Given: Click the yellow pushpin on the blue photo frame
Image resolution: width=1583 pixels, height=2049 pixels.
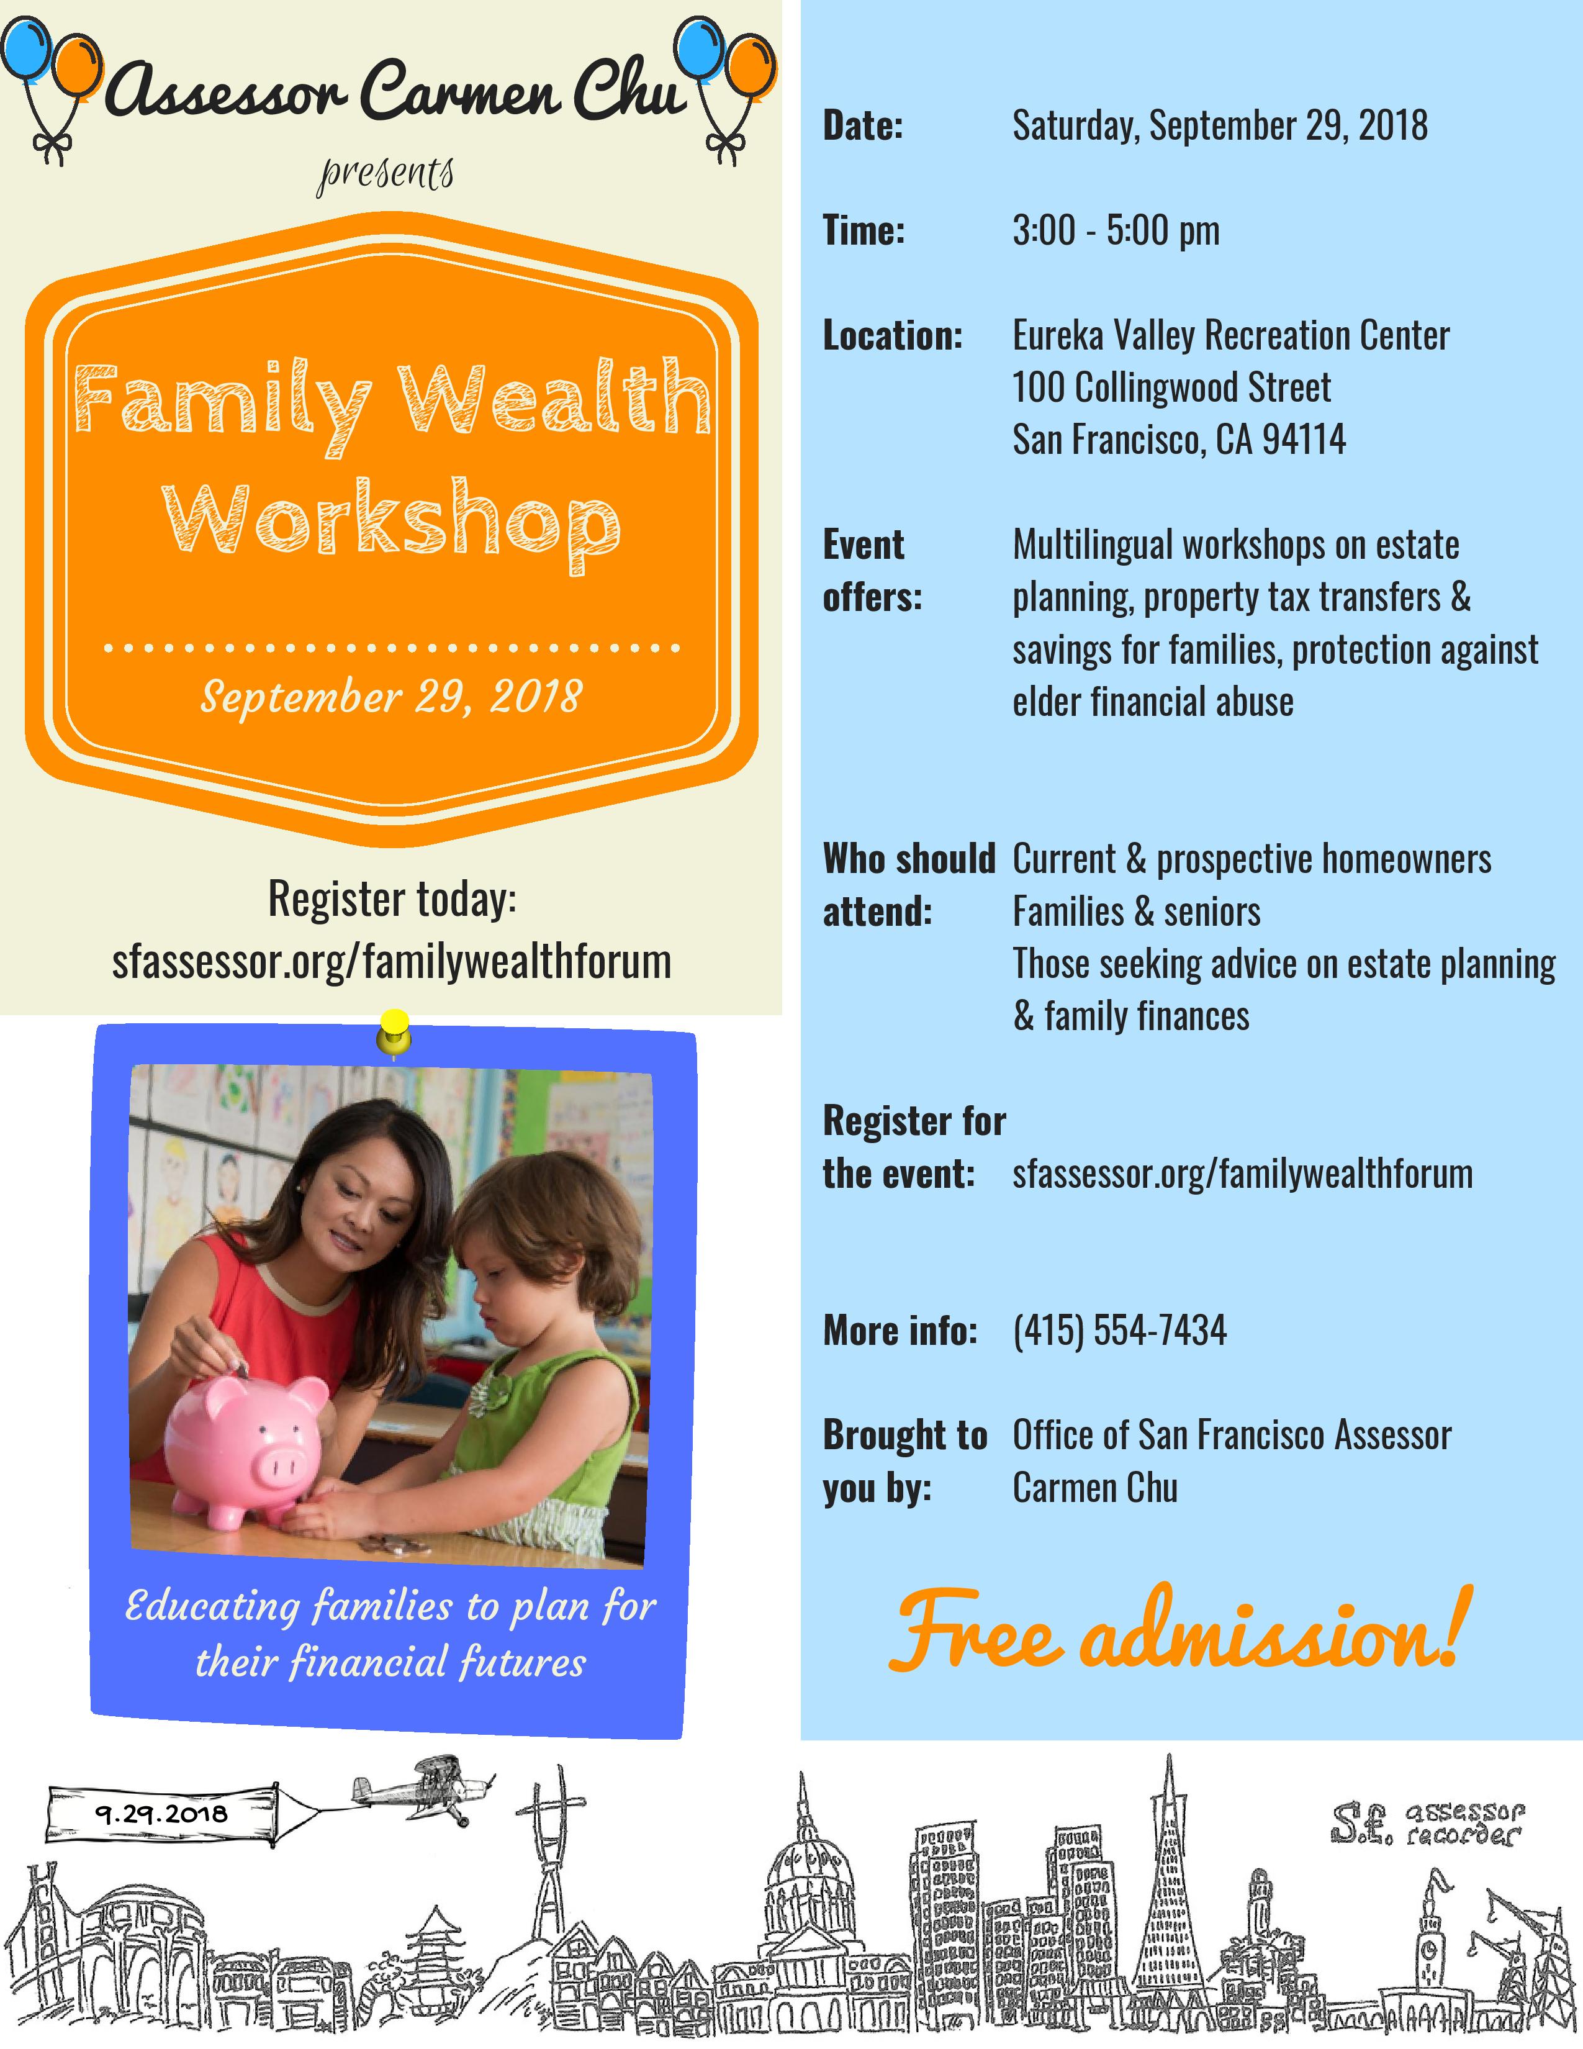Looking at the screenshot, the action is (394, 1032).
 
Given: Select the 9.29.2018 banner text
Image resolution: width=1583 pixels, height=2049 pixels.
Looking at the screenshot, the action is (161, 1814).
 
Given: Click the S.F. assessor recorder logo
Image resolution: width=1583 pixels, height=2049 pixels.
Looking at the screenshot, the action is (1427, 1823).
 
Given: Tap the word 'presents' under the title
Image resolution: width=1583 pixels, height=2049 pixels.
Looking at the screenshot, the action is (386, 174).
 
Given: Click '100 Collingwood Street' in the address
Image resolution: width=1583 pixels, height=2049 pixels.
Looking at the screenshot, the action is (1171, 387).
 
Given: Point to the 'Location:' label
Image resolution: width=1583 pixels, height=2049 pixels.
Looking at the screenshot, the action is (893, 335).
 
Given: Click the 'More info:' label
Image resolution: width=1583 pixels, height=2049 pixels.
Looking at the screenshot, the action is (900, 1331).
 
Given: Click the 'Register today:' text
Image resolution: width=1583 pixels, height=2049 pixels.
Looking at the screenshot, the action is (392, 899).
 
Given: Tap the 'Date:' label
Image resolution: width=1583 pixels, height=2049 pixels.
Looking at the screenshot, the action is (863, 125).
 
